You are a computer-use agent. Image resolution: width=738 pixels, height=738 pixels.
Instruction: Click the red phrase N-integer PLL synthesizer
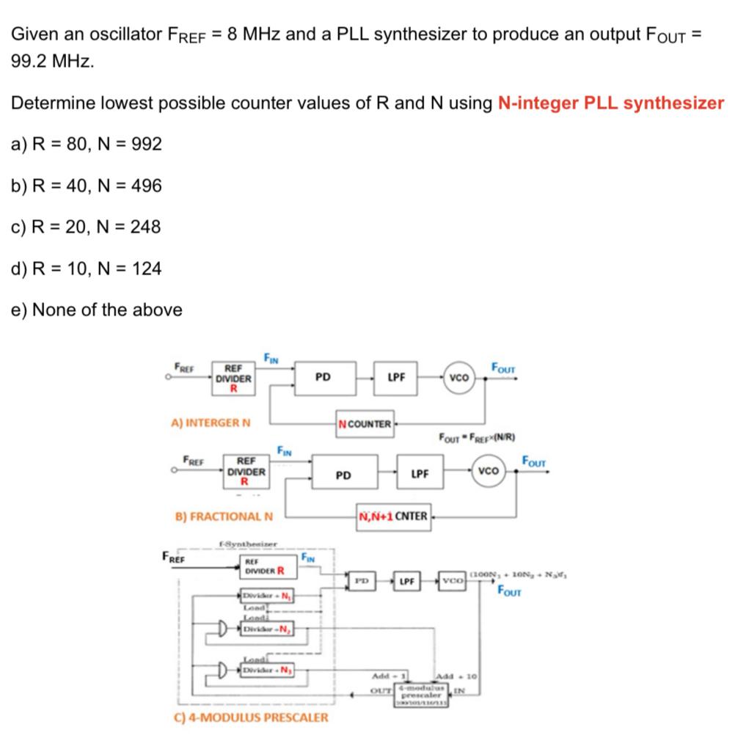(610, 103)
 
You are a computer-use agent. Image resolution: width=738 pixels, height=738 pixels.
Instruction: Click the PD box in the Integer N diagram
(323, 378)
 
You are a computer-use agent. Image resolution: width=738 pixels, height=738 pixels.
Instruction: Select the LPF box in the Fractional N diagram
(420, 474)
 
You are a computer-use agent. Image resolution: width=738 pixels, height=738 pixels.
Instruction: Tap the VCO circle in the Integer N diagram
(459, 379)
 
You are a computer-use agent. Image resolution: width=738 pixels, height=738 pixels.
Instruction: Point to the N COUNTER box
(365, 424)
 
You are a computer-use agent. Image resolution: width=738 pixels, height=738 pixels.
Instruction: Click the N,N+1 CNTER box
(394, 516)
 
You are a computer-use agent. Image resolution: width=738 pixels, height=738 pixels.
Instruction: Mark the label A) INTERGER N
(211, 423)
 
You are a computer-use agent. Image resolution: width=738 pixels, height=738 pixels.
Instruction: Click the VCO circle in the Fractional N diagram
(489, 470)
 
